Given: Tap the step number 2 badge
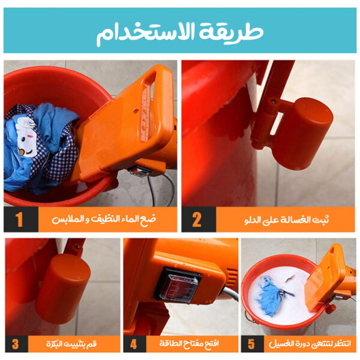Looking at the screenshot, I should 196,219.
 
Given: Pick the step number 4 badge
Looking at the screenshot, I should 134,344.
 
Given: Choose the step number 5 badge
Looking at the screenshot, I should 252,344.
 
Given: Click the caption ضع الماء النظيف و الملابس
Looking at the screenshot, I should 105,219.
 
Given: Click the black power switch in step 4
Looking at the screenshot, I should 178,283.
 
